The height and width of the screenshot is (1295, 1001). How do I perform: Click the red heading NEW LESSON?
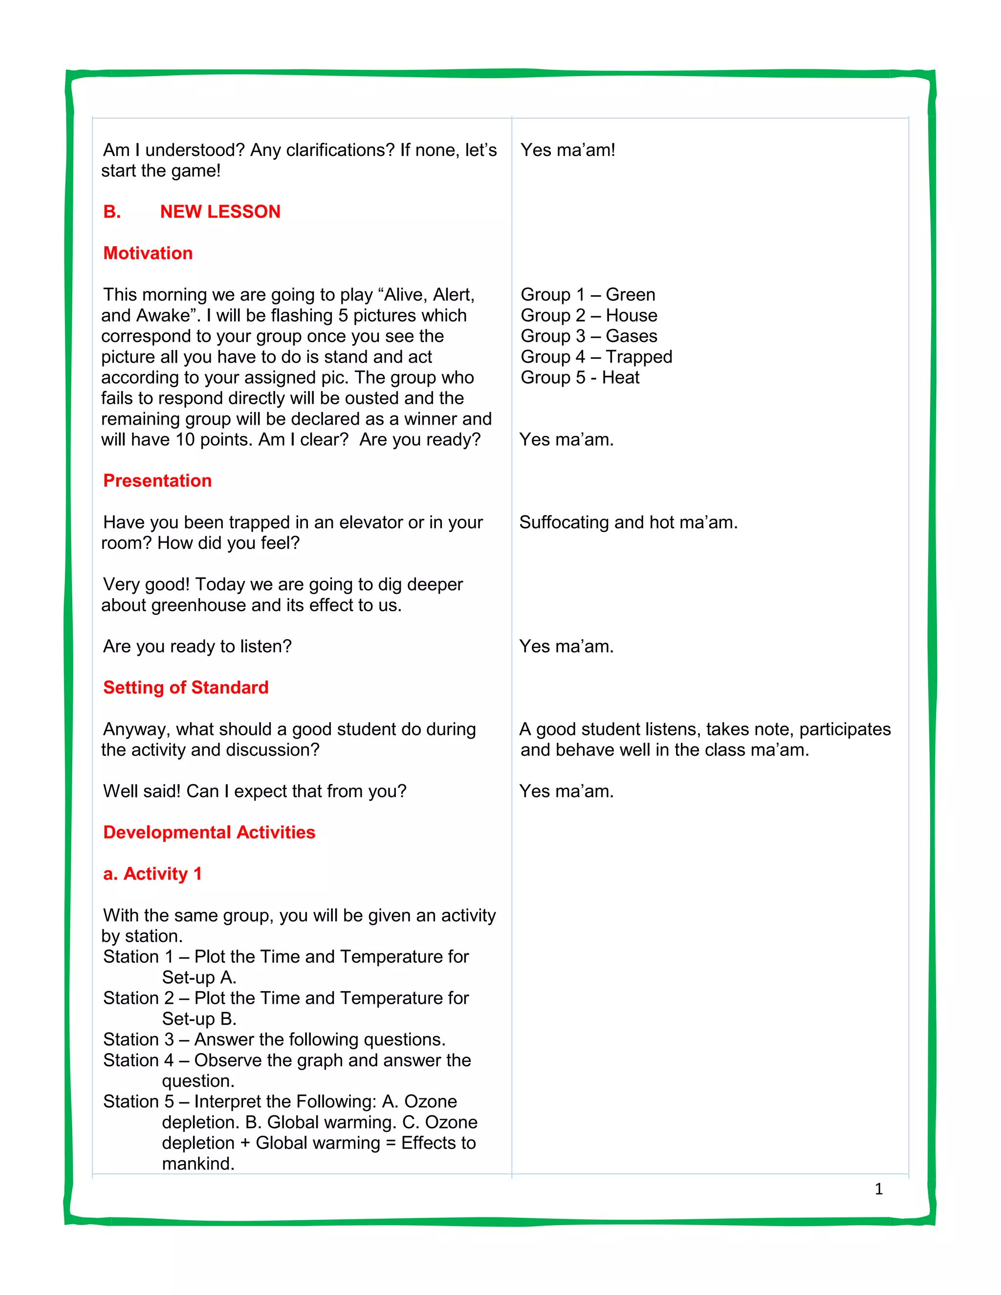220,212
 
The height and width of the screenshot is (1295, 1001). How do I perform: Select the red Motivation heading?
148,253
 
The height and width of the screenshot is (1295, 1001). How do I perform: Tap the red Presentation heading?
157,480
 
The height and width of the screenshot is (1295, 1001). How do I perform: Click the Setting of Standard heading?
186,687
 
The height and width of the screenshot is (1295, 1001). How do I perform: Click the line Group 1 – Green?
588,295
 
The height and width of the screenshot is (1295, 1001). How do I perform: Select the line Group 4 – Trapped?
596,357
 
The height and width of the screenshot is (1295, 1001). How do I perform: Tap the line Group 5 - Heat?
580,378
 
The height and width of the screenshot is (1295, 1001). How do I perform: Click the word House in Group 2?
631,316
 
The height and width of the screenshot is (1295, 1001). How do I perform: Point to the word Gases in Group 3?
631,336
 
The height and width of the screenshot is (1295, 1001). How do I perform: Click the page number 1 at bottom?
879,1189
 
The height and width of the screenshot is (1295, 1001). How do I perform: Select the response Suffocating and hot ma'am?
629,522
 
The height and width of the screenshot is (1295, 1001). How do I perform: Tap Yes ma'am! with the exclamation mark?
567,150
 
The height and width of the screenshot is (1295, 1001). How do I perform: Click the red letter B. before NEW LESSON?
112,212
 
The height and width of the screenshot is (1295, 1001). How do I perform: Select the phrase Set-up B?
199,1019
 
